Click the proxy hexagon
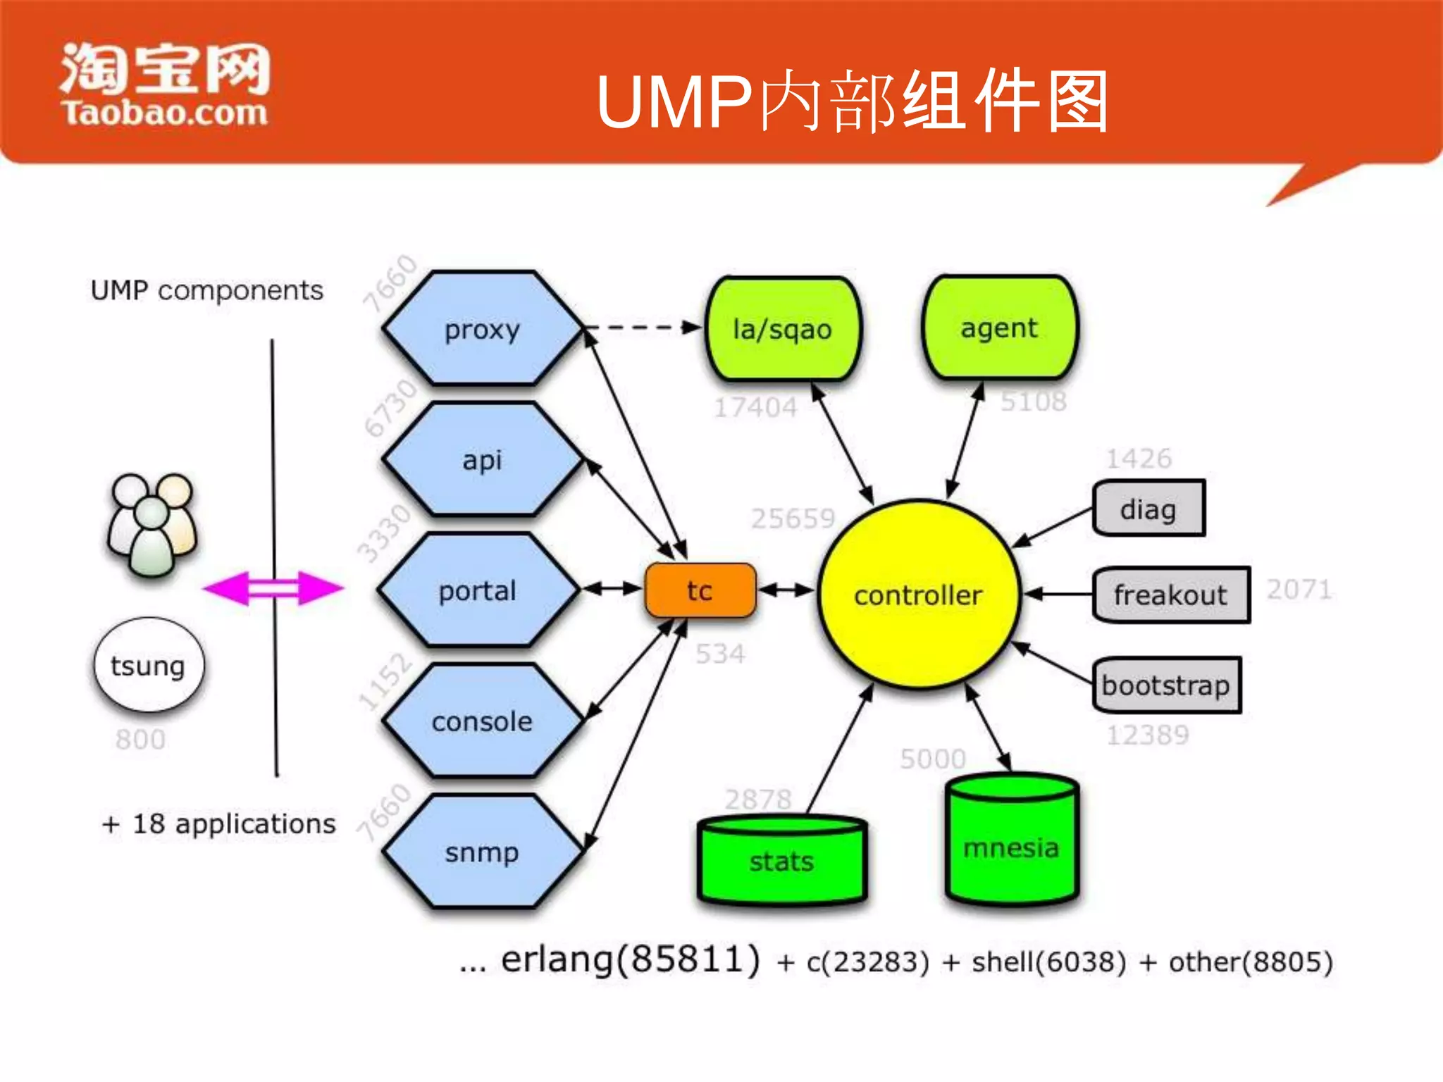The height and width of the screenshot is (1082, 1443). pyautogui.click(x=483, y=328)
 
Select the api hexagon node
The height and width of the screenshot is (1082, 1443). pyautogui.click(x=483, y=459)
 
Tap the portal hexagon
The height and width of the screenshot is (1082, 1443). pyautogui.click(x=478, y=590)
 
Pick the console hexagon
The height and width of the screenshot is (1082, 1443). pyautogui.click(x=483, y=721)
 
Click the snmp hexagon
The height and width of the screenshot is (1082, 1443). pyautogui.click(x=483, y=852)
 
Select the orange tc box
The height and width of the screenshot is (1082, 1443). pyautogui.click(x=700, y=590)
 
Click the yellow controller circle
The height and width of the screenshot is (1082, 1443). pyautogui.click(x=918, y=595)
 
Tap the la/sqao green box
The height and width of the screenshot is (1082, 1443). pyautogui.click(x=783, y=329)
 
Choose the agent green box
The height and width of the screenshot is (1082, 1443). pyautogui.click(x=999, y=328)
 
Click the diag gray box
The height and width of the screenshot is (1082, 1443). pyautogui.click(x=1148, y=509)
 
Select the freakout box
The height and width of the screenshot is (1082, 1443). pyautogui.click(x=1171, y=595)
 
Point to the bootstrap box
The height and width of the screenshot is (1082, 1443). pyautogui.click(x=1166, y=685)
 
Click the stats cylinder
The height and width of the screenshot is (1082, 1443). pyautogui.click(x=781, y=861)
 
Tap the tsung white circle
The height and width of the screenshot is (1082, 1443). pyautogui.click(x=149, y=665)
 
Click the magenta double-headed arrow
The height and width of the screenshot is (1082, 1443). pyautogui.click(x=273, y=588)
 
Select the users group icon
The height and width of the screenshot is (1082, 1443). pyautogui.click(x=151, y=523)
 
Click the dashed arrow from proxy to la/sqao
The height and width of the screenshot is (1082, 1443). pyautogui.click(x=641, y=327)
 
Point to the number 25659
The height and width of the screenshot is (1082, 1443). pyautogui.click(x=793, y=518)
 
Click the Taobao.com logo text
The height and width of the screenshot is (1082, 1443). pyautogui.click(x=164, y=113)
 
